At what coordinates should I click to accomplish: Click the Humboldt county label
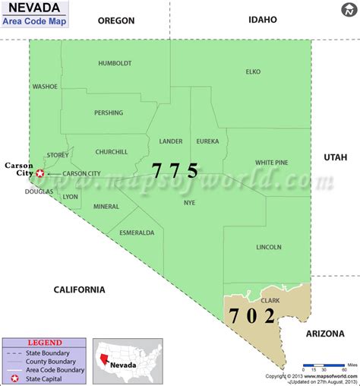(x=115, y=63)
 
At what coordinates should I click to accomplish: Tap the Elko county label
(x=253, y=71)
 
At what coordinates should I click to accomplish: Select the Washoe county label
(x=45, y=87)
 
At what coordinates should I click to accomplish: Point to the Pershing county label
(x=109, y=113)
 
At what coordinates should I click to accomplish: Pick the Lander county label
(x=171, y=141)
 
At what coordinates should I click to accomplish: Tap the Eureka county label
(x=207, y=141)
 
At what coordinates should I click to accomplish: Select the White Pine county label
(x=272, y=162)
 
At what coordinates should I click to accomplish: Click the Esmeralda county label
(x=137, y=232)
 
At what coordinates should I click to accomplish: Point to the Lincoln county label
(x=269, y=247)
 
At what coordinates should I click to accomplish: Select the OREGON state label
(x=116, y=21)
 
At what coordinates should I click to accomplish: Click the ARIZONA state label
(x=325, y=333)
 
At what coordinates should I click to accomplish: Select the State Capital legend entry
(x=49, y=378)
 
